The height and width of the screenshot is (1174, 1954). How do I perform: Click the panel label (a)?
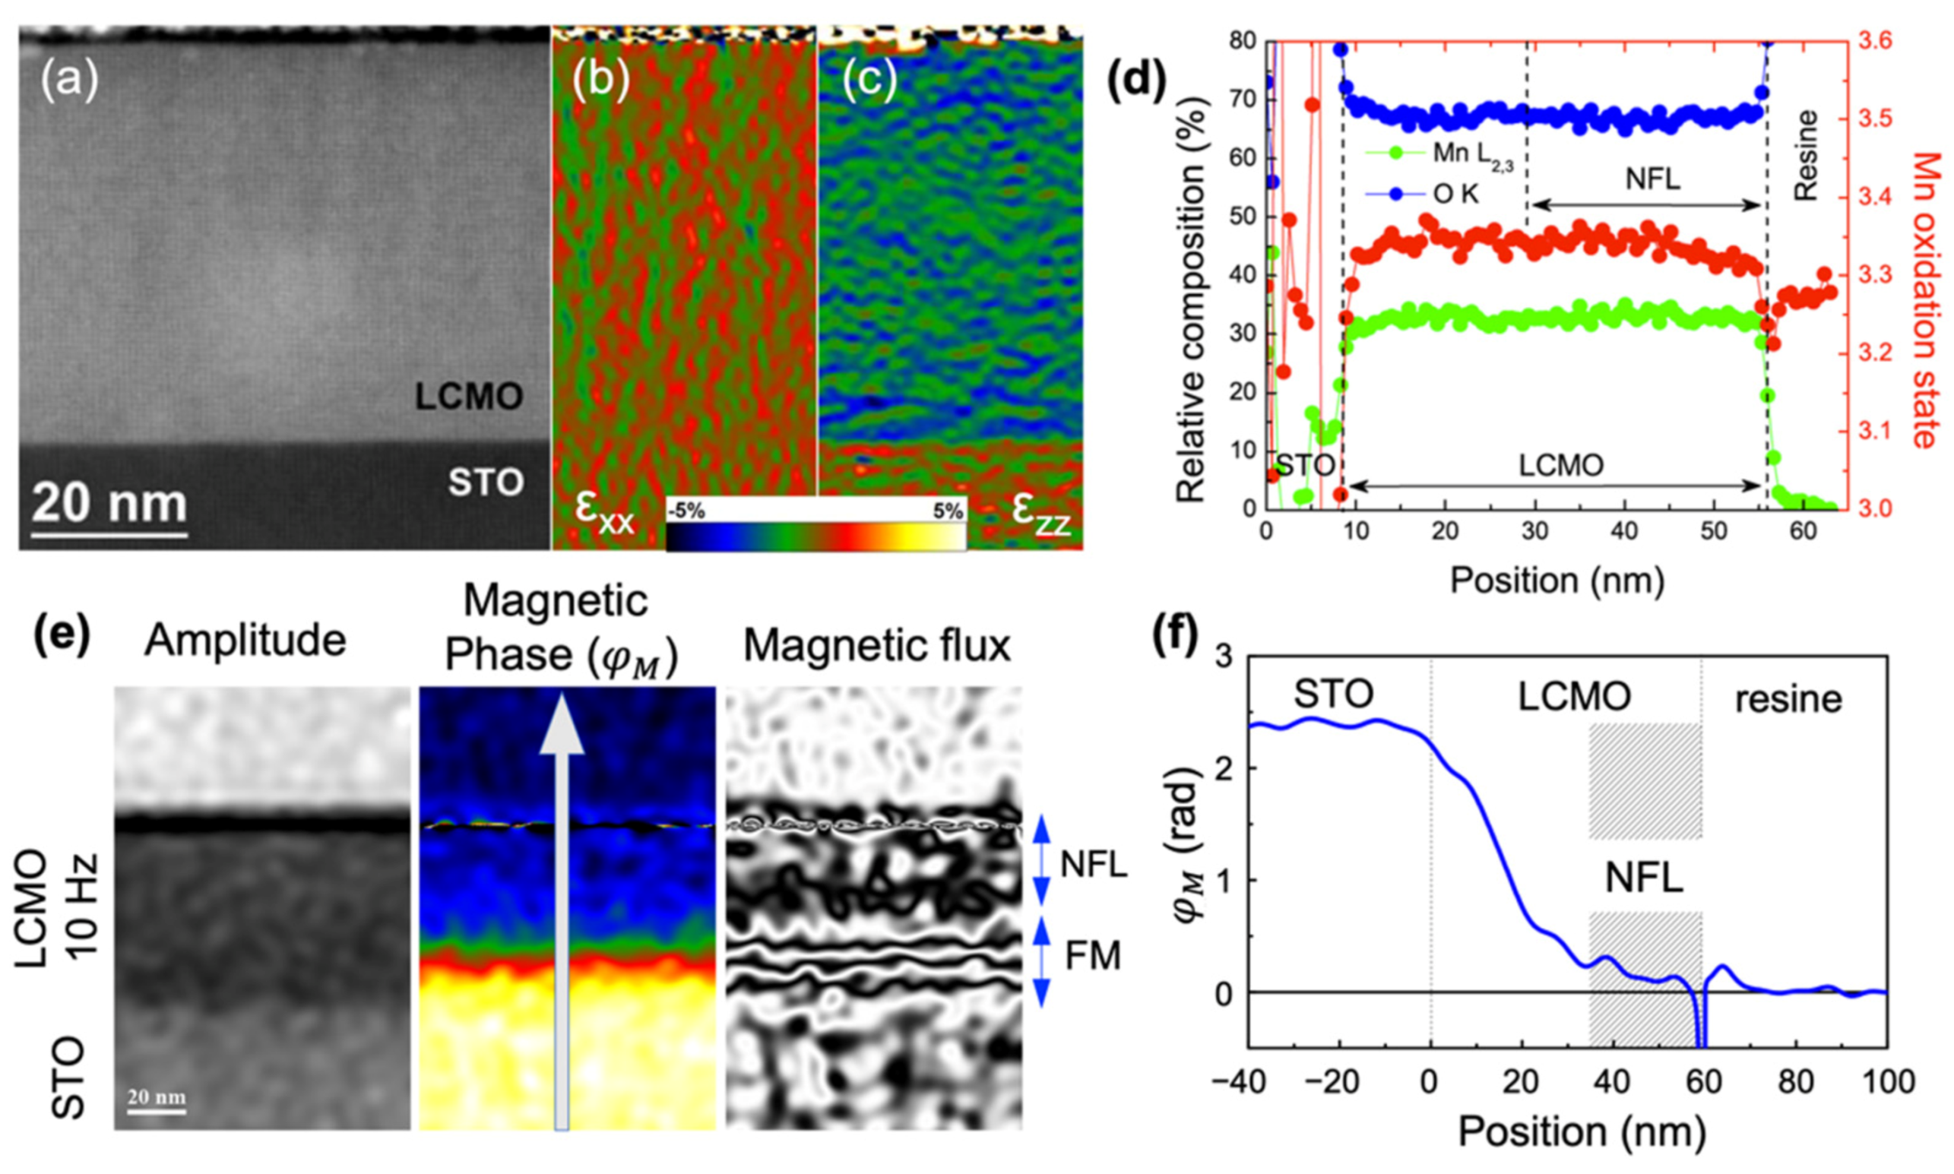pyautogui.click(x=70, y=81)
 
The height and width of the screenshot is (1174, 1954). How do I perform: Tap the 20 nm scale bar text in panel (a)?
pyautogui.click(x=109, y=502)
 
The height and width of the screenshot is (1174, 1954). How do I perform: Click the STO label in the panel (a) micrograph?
pyautogui.click(x=486, y=483)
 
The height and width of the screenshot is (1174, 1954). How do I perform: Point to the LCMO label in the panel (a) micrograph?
pyautogui.click(x=469, y=397)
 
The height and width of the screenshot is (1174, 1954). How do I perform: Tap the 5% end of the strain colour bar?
pyautogui.click(x=947, y=511)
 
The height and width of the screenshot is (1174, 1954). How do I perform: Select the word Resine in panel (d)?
pyautogui.click(x=1806, y=156)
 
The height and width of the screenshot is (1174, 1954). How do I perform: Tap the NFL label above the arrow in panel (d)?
pyautogui.click(x=1652, y=179)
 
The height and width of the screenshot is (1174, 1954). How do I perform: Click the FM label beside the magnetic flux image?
pyautogui.click(x=1092, y=957)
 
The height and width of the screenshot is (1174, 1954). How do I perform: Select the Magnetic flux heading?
pyautogui.click(x=876, y=647)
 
